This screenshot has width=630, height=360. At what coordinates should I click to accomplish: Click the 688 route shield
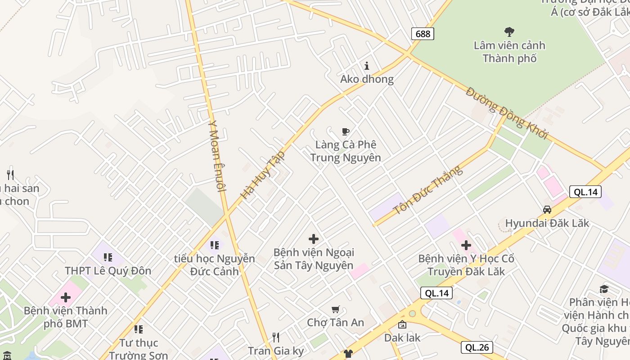pyautogui.click(x=423, y=34)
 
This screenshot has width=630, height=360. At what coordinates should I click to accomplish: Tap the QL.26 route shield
pyautogui.click(x=477, y=347)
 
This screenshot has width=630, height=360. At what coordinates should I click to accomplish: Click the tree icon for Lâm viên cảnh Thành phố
pyautogui.click(x=509, y=32)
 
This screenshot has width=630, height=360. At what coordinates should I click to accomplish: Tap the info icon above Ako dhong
pyautogui.click(x=367, y=66)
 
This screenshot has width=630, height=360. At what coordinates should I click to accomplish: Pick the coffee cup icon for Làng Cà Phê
pyautogui.click(x=345, y=131)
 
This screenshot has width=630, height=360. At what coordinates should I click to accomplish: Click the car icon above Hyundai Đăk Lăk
pyautogui.click(x=547, y=210)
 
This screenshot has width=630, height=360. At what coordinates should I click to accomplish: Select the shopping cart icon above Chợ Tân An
pyautogui.click(x=335, y=309)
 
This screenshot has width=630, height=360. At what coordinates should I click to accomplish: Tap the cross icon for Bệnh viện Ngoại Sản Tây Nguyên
pyautogui.click(x=314, y=239)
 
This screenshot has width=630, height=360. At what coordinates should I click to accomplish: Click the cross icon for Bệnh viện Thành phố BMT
pyautogui.click(x=66, y=297)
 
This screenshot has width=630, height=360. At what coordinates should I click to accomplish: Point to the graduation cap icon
pyautogui.click(x=604, y=289)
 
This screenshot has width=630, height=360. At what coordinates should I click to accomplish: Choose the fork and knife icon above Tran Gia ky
pyautogui.click(x=276, y=337)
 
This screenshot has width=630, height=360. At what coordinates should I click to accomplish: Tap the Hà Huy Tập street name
pyautogui.click(x=263, y=175)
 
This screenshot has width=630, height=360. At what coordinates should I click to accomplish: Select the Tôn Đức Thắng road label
pyautogui.click(x=427, y=190)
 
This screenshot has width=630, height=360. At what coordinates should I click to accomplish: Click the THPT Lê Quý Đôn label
pyautogui.click(x=108, y=271)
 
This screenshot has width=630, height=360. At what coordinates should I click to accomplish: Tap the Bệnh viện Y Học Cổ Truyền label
pyautogui.click(x=466, y=265)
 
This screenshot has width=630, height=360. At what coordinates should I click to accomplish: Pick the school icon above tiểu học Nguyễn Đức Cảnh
pyautogui.click(x=215, y=245)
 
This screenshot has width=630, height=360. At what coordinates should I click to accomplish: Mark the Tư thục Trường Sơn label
pyautogui.click(x=138, y=349)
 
